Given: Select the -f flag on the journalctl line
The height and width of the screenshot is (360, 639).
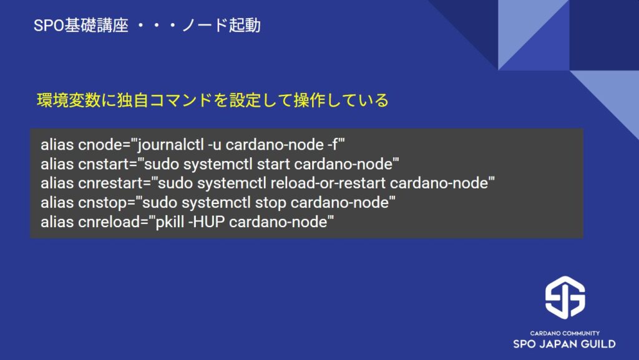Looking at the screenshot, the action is [x=333, y=145].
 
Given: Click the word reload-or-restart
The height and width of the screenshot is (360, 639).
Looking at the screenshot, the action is [x=328, y=183].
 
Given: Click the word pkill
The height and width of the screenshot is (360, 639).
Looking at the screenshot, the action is [x=170, y=222].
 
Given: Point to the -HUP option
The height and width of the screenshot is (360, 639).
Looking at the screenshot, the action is [x=206, y=222].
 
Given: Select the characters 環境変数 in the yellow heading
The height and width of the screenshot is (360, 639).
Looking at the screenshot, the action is [x=69, y=100].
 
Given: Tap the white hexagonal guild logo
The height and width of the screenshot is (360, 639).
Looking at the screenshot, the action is [x=565, y=297].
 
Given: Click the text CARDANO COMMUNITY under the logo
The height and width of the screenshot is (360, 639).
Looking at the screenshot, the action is [x=565, y=333].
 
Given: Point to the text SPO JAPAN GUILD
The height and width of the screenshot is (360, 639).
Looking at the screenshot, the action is [x=564, y=344].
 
